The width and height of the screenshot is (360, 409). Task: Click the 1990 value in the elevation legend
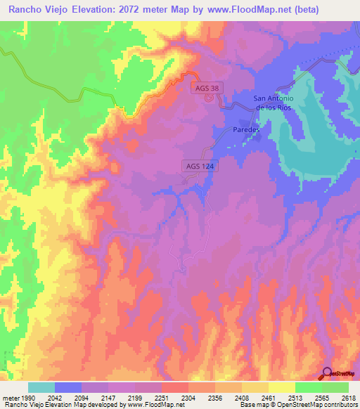point(27,398)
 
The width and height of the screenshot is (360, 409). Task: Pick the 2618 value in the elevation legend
point(348,398)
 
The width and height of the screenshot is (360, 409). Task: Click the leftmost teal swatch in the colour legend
point(41,387)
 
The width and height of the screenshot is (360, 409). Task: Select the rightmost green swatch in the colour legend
point(335,387)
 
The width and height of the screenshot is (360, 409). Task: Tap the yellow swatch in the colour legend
point(281,387)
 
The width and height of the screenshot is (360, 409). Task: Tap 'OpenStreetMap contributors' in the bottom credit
point(313,405)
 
